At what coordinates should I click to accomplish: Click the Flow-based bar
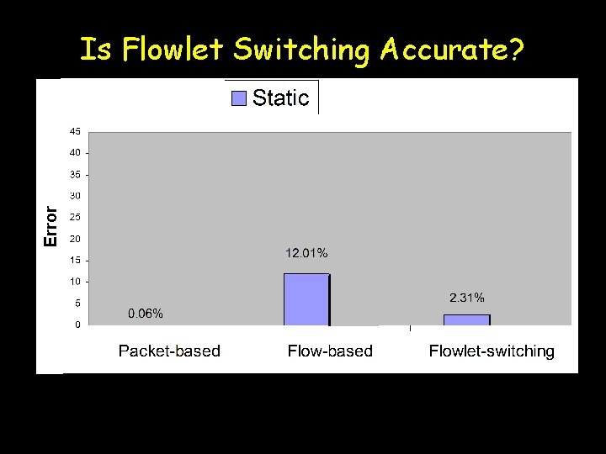(306, 299)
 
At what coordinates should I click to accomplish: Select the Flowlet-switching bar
(466, 319)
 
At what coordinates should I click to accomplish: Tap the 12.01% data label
(306, 252)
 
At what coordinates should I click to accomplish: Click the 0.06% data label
(146, 314)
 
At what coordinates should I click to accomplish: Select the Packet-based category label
(169, 351)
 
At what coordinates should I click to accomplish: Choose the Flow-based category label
(330, 351)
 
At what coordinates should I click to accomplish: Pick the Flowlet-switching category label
(492, 351)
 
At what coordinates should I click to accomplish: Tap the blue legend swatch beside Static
(239, 98)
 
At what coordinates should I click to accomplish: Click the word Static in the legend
(280, 98)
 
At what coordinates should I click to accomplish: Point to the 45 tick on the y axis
(75, 131)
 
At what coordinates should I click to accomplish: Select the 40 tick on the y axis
(75, 153)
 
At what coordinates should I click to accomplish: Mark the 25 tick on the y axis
(75, 217)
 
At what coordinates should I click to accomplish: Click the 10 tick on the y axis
(75, 282)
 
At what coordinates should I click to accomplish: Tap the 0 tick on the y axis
(77, 325)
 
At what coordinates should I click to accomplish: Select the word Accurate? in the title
(452, 51)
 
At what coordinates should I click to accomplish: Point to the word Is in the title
(96, 51)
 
